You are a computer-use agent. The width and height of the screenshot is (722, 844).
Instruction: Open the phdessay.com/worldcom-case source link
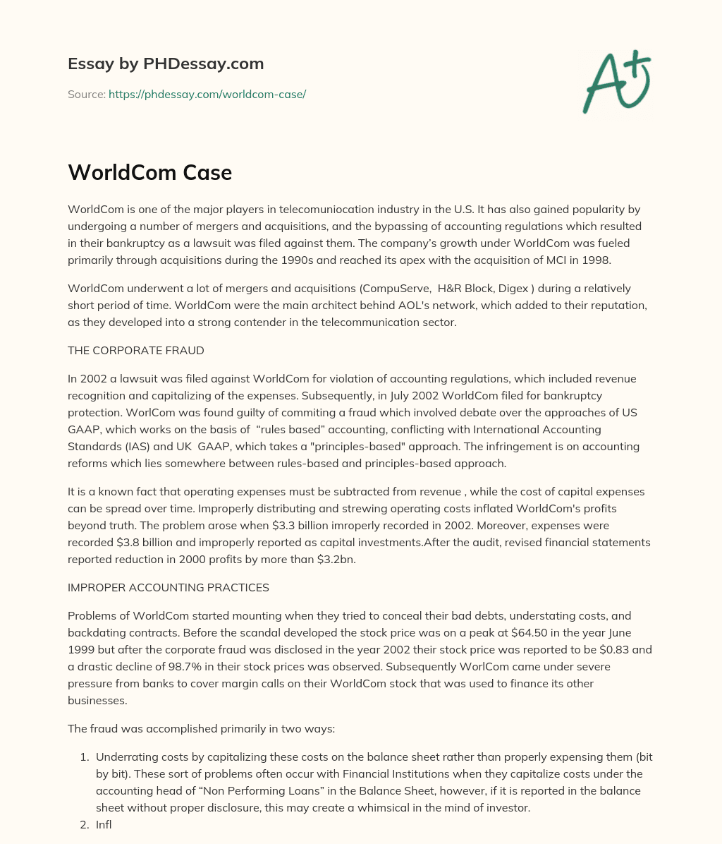[x=207, y=94]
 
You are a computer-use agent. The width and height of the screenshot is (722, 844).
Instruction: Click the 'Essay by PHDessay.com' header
[x=166, y=64]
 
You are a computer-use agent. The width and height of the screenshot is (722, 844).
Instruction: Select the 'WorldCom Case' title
[x=149, y=172]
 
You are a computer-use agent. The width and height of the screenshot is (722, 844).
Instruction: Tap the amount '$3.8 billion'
[x=154, y=542]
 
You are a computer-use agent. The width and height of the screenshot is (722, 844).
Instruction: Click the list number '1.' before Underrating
[x=83, y=756]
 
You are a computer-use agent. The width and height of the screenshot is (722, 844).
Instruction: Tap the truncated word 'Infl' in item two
[x=104, y=824]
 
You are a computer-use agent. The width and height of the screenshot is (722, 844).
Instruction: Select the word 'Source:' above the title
[x=86, y=94]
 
